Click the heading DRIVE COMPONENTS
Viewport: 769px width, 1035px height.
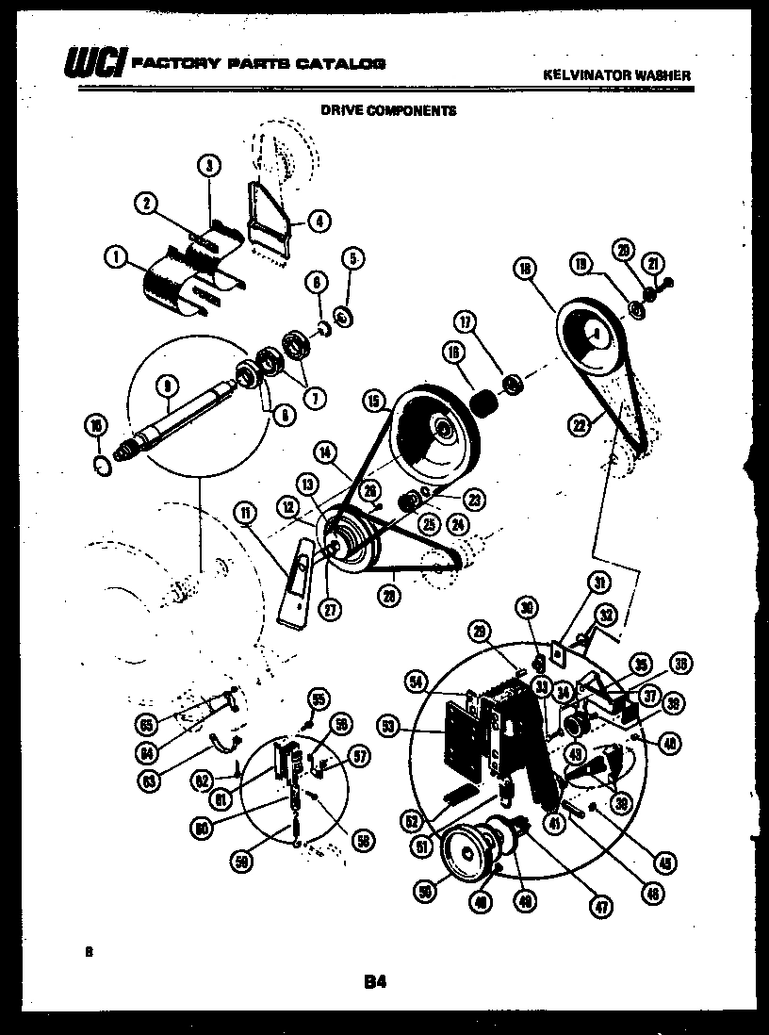click(x=388, y=110)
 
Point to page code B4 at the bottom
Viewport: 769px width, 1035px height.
click(x=376, y=982)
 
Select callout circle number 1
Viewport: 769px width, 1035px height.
click(x=118, y=255)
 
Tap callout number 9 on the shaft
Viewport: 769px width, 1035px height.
click(x=167, y=386)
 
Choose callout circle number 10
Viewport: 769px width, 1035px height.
click(x=95, y=426)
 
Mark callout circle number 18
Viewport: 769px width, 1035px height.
click(x=526, y=269)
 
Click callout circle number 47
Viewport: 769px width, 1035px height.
click(x=600, y=907)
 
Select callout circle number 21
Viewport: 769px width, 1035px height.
click(x=652, y=263)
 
